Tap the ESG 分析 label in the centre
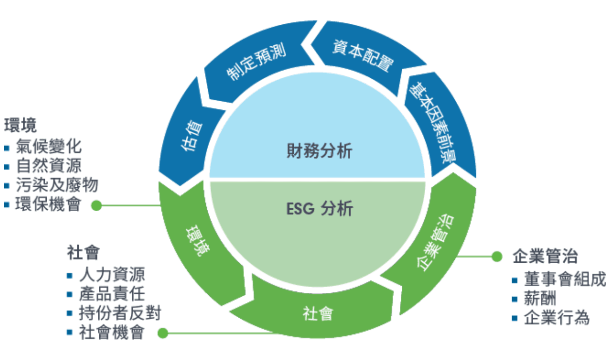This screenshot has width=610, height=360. tap(319, 209)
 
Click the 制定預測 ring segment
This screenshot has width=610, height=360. tap(256, 63)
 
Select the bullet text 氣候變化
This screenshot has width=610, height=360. tap(49, 146)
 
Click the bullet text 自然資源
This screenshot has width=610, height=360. tap(49, 166)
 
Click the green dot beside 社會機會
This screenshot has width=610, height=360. tap(163, 333)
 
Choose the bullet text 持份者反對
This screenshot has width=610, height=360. tap(120, 313)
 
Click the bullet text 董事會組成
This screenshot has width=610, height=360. tap(565, 280)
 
